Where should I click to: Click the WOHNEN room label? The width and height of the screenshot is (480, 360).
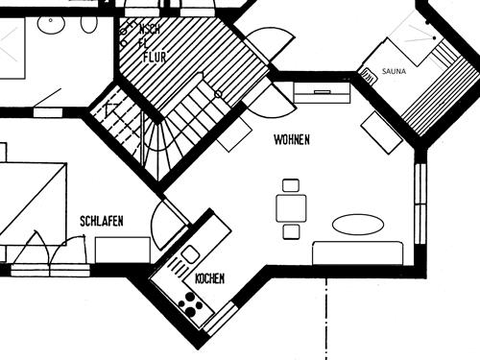click(x=292, y=140)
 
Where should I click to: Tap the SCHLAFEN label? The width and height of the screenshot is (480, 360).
click(x=101, y=222)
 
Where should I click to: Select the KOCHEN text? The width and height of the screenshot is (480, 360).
click(x=209, y=278)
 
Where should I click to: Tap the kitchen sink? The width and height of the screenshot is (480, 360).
click(x=190, y=254)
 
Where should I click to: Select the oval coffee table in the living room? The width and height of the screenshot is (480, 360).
click(x=357, y=225)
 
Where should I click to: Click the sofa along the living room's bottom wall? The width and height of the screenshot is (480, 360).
click(x=358, y=253)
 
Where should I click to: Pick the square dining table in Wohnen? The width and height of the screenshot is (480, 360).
click(x=291, y=207)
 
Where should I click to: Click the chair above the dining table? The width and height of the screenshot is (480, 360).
click(x=291, y=185)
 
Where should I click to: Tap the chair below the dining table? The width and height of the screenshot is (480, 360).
click(x=291, y=231)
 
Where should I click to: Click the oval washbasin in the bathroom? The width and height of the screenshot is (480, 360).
click(x=89, y=23)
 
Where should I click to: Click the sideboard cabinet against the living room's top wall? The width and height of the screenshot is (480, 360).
click(x=322, y=93)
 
